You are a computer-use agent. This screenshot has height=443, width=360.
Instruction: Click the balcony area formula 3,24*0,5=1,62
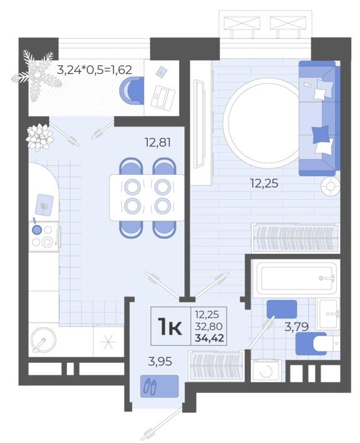95,70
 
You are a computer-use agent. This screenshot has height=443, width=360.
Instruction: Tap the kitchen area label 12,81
158,142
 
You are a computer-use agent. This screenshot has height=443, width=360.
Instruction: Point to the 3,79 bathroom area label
297,327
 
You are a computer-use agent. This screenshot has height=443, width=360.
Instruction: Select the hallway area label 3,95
160,362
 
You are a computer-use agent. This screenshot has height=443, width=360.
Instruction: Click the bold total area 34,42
210,338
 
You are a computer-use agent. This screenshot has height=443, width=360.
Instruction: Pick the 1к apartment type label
170,326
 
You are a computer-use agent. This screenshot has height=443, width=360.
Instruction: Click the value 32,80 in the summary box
209,326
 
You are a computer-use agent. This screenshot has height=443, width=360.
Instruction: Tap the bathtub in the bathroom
296,279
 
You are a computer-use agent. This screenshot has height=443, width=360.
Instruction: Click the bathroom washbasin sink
328,314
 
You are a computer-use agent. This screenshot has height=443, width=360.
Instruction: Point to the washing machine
266,370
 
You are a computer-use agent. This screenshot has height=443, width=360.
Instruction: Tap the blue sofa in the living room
319,118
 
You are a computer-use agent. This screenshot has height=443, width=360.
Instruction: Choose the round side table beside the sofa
331,187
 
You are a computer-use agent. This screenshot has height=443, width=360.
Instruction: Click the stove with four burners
44,236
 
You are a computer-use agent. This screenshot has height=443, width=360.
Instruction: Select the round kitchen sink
43,340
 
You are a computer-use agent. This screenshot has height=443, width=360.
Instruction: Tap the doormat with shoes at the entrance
160,386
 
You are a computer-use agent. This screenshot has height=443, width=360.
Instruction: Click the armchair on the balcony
132,90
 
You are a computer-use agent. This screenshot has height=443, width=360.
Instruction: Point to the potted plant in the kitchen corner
40,137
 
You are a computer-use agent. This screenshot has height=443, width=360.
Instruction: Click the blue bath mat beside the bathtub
282,309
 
